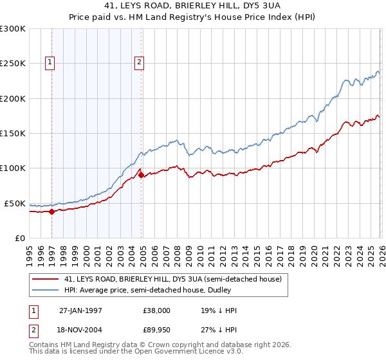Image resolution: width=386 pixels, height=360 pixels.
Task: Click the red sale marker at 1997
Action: click(51, 212)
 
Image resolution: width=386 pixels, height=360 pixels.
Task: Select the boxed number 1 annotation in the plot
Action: click(50, 62)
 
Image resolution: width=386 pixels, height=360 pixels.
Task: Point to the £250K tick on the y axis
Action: click(12, 64)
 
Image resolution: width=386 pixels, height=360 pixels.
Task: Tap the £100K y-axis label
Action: click(12, 168)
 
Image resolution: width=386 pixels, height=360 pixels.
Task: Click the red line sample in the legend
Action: click(46, 280)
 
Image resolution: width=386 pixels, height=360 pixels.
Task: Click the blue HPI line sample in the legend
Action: click(46, 290)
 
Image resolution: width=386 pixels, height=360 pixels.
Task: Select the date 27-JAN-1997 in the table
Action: click(80, 310)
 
